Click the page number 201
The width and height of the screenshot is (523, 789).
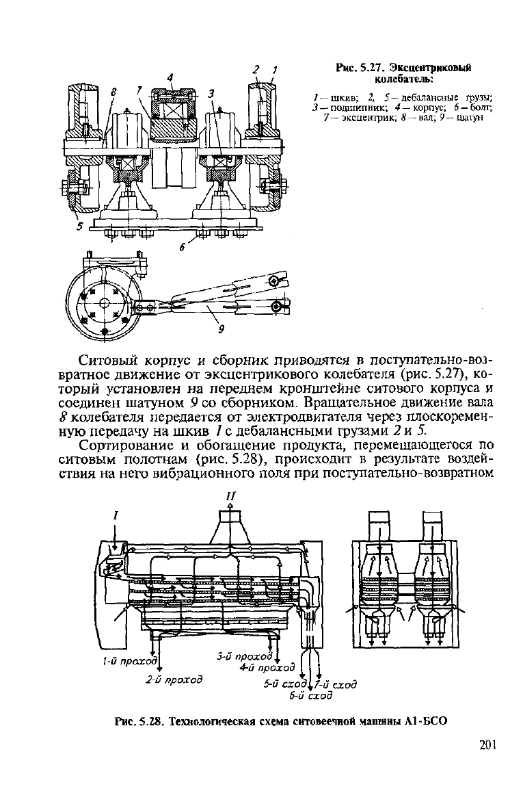487,745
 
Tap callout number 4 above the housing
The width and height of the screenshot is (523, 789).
170,77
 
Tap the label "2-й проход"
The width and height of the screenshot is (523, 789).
174,680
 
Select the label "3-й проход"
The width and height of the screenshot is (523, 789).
244,656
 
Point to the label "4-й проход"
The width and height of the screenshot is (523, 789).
267,668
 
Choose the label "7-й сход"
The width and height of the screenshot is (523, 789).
336,685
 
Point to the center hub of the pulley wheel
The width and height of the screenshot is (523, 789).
104,303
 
